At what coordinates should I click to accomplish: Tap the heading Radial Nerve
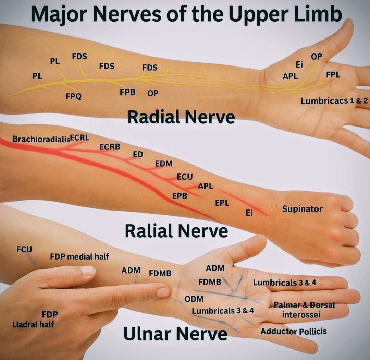tap(181, 117)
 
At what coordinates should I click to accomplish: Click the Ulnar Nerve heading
tap(175, 334)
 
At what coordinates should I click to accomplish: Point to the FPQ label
tap(74, 96)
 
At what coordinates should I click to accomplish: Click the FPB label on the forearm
tap(128, 92)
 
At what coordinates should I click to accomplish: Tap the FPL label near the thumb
tap(333, 75)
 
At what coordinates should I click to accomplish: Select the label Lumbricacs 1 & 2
tap(334, 101)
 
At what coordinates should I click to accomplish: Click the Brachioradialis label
tap(41, 139)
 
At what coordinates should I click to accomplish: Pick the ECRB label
tap(110, 147)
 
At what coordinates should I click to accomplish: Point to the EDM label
tap(164, 164)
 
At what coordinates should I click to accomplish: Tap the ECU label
tap(185, 177)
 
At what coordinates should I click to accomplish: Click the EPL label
tap(222, 203)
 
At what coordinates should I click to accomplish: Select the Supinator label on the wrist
tap(302, 209)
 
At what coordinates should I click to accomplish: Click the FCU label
tap(24, 249)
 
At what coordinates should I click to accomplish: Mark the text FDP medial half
tap(79, 256)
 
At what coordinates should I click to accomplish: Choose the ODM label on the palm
tap(194, 299)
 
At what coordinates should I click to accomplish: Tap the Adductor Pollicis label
tap(294, 332)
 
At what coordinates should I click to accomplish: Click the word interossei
tap(301, 315)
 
